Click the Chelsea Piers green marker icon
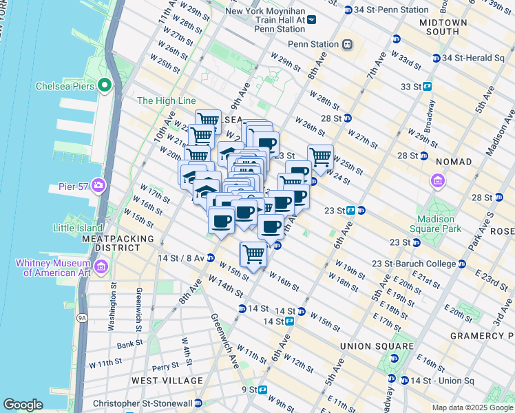pyautogui.click(x=105, y=86)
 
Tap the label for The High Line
pyautogui.click(x=167, y=100)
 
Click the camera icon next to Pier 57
pyautogui.click(x=98, y=185)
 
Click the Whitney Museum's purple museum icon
pyautogui.click(x=101, y=266)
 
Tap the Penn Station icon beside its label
pyautogui.click(x=348, y=44)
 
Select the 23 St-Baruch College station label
pyautogui.click(x=414, y=264)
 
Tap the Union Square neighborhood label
pyautogui.click(x=378, y=346)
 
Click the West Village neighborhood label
pyautogui.click(x=167, y=381)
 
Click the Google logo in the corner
pyautogui.click(x=23, y=405)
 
